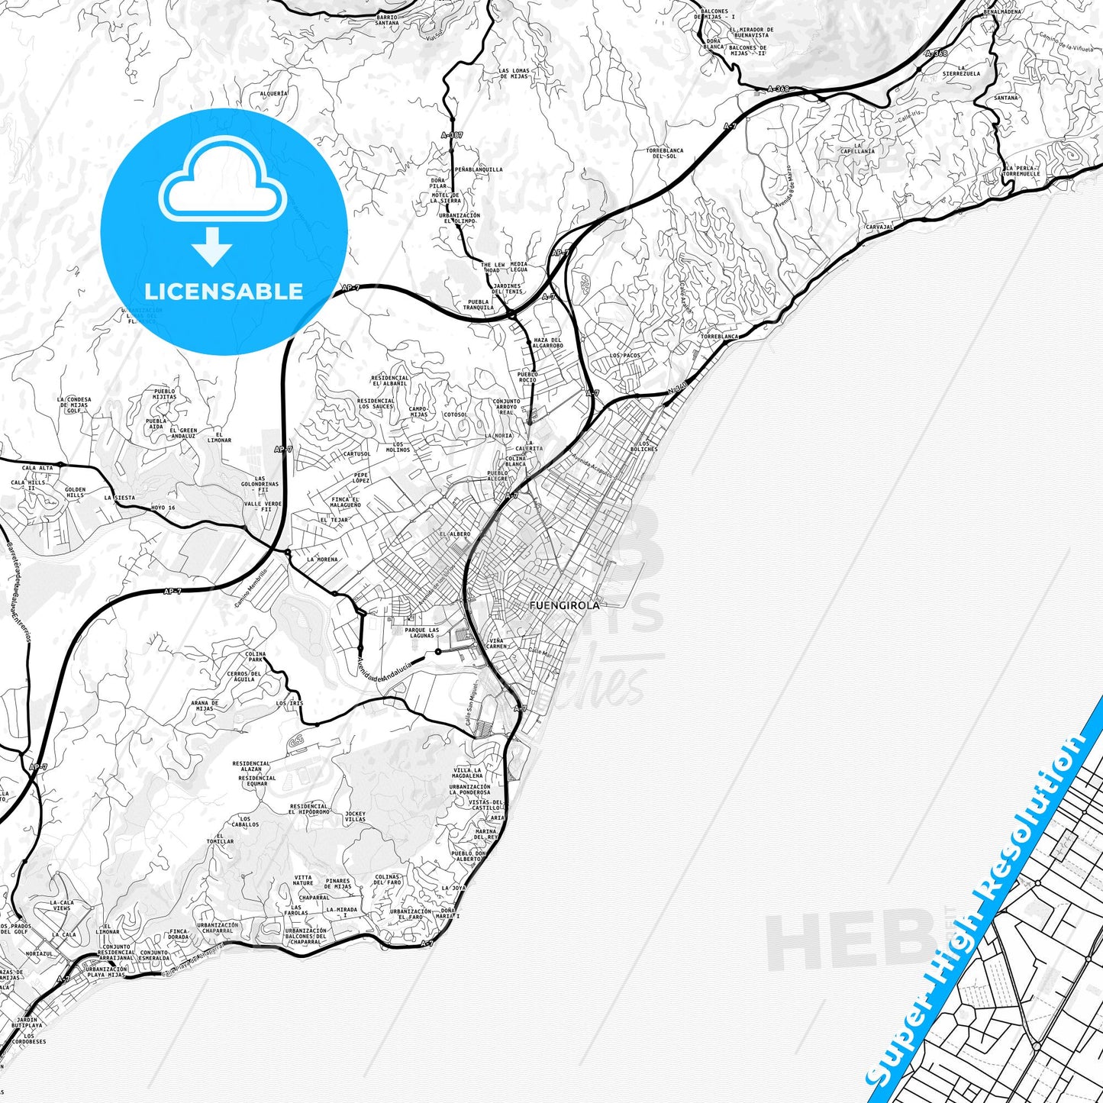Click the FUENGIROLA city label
point(564,605)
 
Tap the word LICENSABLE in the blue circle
point(224,292)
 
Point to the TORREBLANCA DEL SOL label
point(664,153)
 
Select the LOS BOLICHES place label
point(647,447)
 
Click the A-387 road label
point(452,135)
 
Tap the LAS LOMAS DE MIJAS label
point(514,74)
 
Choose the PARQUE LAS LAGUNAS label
point(422,633)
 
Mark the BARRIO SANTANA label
point(387,20)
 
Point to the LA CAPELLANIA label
point(858,148)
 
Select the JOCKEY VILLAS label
point(355,816)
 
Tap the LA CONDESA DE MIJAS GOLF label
point(74,405)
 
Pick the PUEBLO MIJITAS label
point(163,395)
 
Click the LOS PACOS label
point(625,356)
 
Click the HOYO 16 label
point(163,508)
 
